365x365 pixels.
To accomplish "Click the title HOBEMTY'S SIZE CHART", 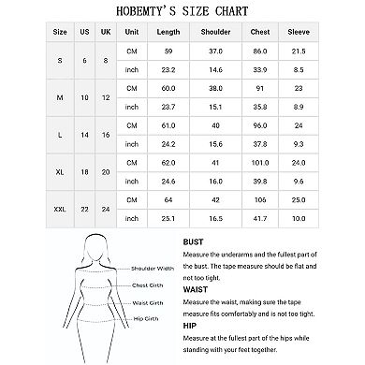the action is pos(182,10).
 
